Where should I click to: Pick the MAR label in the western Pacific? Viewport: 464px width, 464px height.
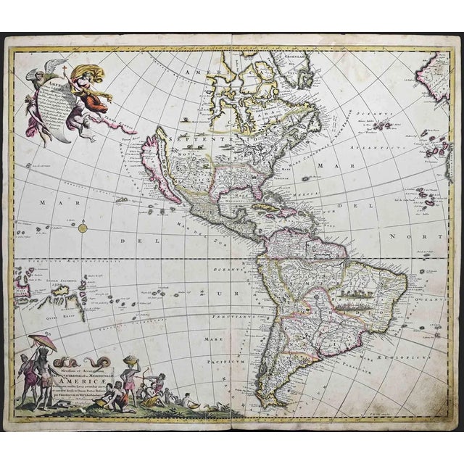coord(51,202)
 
